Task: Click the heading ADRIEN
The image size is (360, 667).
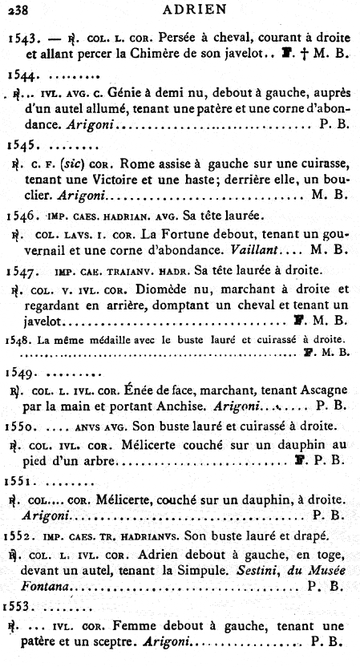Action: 192,10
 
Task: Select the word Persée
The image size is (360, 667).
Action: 177,38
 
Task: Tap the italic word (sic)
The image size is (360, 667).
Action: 74,163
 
